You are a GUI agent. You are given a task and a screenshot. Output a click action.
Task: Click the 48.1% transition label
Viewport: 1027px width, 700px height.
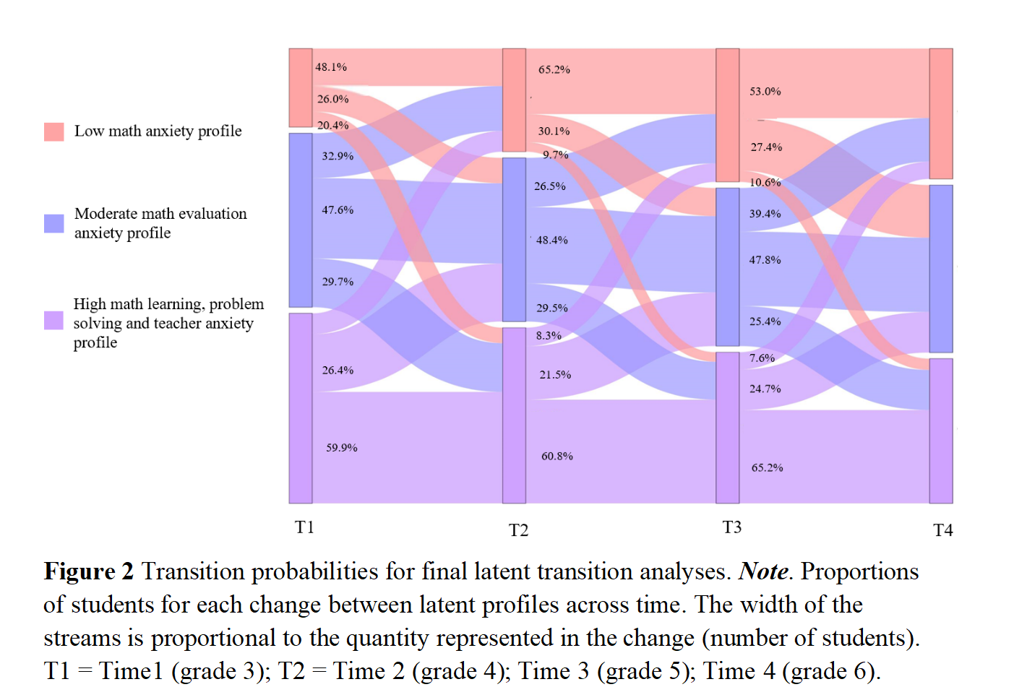pyautogui.click(x=331, y=67)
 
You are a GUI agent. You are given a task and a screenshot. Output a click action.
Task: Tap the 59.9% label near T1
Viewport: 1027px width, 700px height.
pyautogui.click(x=341, y=448)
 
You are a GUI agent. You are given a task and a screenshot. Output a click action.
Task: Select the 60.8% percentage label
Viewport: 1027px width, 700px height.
pyautogui.click(x=557, y=457)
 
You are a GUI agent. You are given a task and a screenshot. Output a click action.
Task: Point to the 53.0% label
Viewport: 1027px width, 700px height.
pyautogui.click(x=765, y=92)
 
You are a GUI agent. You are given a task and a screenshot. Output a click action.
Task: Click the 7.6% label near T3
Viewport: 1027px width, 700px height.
pyautogui.click(x=762, y=358)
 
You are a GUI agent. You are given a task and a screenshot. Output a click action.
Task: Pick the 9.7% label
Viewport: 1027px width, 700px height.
pyautogui.click(x=556, y=155)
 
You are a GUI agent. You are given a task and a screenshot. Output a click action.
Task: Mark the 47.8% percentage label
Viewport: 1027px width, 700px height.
pyautogui.click(x=765, y=260)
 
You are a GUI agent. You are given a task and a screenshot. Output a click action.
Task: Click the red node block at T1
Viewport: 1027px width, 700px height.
pyautogui.click(x=301, y=87)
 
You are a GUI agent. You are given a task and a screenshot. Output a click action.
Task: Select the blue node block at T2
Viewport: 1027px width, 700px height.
pyautogui.click(x=514, y=239)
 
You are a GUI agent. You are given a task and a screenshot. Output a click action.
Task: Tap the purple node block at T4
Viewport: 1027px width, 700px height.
pyautogui.click(x=940, y=431)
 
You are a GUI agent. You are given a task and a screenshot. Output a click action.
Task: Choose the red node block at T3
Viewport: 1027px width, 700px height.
pyautogui.click(x=727, y=115)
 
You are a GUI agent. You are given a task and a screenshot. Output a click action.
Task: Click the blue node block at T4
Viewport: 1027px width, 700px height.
pyautogui.click(x=940, y=268)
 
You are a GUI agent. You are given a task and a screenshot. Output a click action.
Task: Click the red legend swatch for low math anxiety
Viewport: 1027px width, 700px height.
pyautogui.click(x=54, y=131)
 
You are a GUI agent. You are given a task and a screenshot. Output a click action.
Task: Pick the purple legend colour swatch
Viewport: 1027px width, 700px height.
pyautogui.click(x=54, y=321)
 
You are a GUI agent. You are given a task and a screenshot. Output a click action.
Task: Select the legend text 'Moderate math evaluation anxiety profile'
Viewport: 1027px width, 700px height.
pyautogui.click(x=160, y=223)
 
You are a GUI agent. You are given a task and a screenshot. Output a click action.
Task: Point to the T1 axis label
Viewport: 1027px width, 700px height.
pyautogui.click(x=304, y=527)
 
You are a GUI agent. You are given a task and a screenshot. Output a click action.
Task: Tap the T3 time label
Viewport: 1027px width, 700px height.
pyautogui.click(x=731, y=527)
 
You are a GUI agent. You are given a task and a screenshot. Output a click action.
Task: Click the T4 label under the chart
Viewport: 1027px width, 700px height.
pyautogui.click(x=942, y=530)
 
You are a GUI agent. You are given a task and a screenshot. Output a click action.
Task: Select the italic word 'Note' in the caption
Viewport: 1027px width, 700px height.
pyautogui.click(x=763, y=571)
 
